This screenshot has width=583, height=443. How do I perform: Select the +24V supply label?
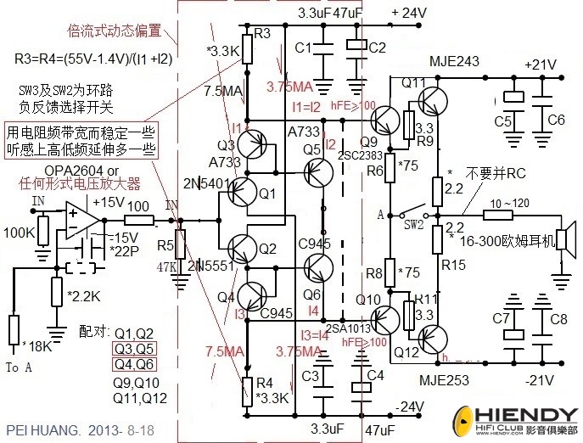(408, 13)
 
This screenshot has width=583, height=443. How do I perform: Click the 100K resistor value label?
(20, 232)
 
